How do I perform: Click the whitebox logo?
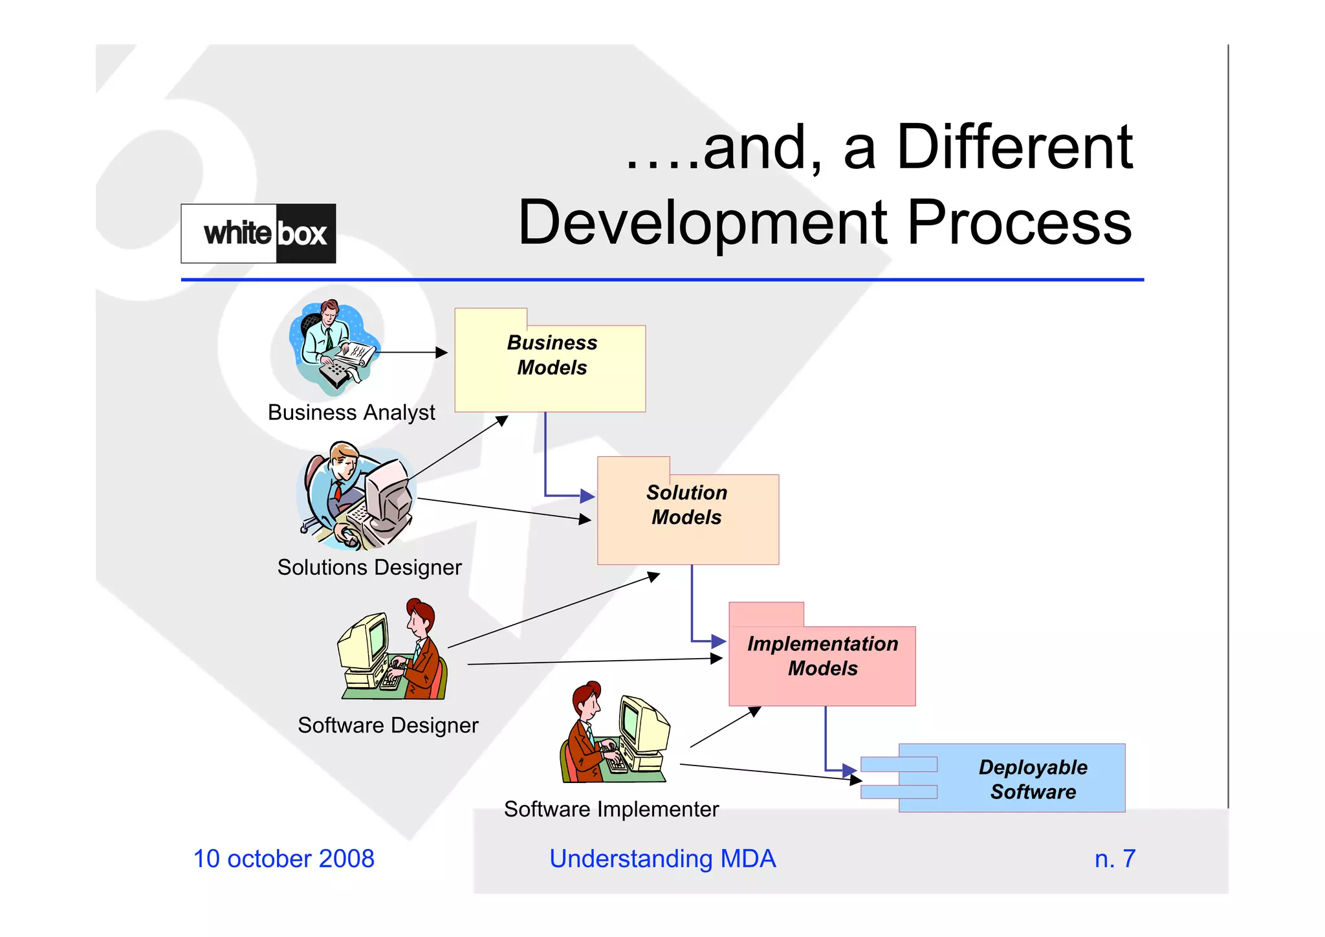(x=258, y=234)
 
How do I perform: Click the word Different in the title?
(x=1014, y=148)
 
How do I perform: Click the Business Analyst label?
(x=351, y=412)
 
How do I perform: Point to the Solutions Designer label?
(x=369, y=568)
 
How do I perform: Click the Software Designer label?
(x=388, y=725)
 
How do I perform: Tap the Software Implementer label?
(x=611, y=809)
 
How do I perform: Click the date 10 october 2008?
(x=283, y=859)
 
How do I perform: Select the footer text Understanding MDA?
(x=662, y=859)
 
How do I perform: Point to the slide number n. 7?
(x=1115, y=859)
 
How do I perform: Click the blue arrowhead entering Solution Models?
(x=587, y=496)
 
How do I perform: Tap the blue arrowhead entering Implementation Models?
(x=719, y=641)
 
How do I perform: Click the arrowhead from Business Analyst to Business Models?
(x=442, y=353)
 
